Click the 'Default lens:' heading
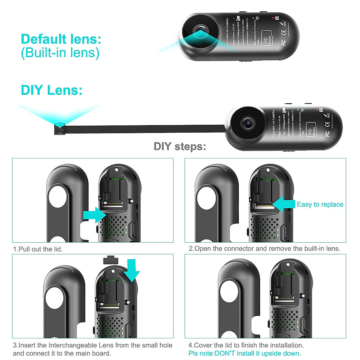pos(61,39)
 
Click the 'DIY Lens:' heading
pos(51,90)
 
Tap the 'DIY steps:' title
pos(180,146)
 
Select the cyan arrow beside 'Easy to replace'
pos(284,205)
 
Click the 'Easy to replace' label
pos(320,205)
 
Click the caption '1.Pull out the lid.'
pos(38,249)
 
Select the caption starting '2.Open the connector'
pos(264,248)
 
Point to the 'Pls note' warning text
pos(244,353)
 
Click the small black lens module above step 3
pos(110,260)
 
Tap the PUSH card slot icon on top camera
pos(267,38)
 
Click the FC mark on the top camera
pos(283,42)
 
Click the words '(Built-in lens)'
pos(60,53)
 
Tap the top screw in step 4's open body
pos(288,265)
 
